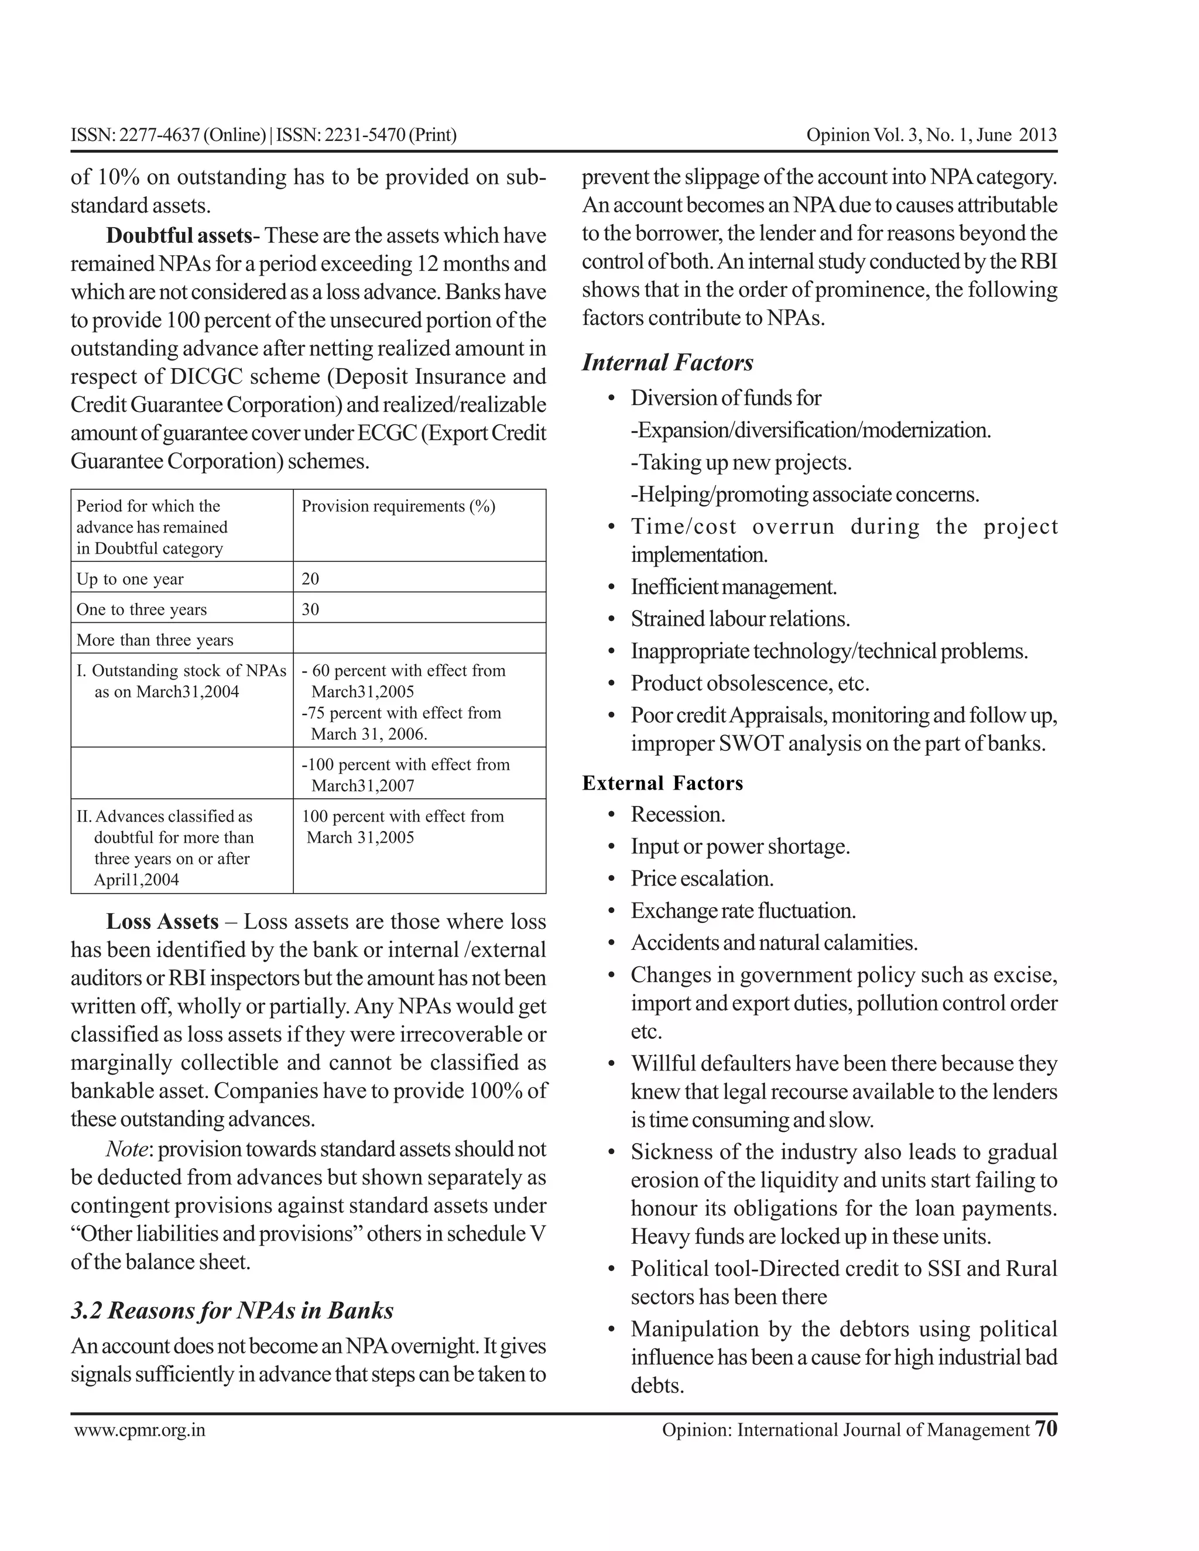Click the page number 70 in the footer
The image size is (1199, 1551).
1046,1428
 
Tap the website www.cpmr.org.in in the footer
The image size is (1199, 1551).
140,1430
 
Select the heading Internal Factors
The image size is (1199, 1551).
667,362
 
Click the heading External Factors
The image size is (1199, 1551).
662,783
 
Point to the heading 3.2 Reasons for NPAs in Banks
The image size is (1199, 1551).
232,1310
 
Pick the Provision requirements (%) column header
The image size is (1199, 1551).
399,506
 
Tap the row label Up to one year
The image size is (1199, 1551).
130,579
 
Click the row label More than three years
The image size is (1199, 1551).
155,640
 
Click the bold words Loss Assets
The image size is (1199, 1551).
163,921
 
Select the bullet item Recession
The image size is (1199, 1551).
677,814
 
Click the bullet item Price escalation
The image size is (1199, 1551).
702,879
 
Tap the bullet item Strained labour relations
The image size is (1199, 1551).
739,619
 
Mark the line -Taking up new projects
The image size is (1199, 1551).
741,462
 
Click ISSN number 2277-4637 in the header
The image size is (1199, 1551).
159,135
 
